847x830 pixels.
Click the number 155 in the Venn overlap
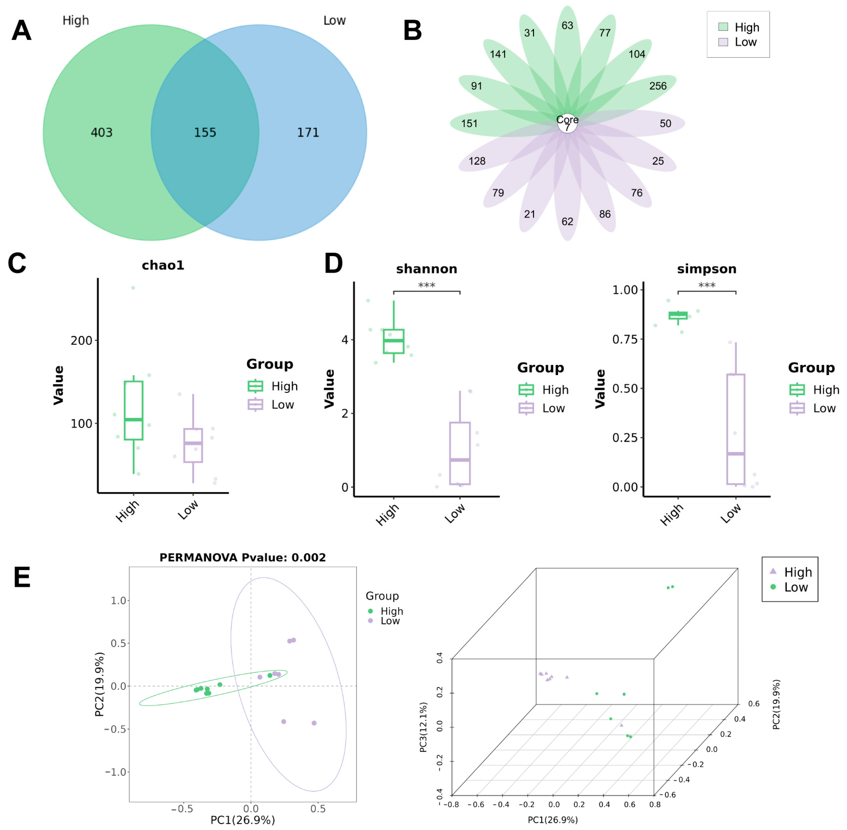[x=205, y=133]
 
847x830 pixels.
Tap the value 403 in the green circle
[x=102, y=133]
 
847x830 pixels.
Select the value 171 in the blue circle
[x=308, y=133]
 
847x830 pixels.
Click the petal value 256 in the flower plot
[x=657, y=86]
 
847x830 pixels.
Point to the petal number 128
[x=477, y=161]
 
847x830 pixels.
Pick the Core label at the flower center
[x=567, y=120]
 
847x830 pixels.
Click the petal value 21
[x=529, y=214]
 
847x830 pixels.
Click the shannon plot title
[x=427, y=269]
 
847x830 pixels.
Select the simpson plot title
[x=707, y=269]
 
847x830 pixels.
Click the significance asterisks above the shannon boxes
[x=427, y=286]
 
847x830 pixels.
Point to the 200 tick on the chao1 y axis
[x=81, y=341]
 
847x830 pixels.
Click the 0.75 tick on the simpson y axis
[x=625, y=339]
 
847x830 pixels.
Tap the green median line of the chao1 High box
[x=133, y=420]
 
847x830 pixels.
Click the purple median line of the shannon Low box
[x=460, y=460]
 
